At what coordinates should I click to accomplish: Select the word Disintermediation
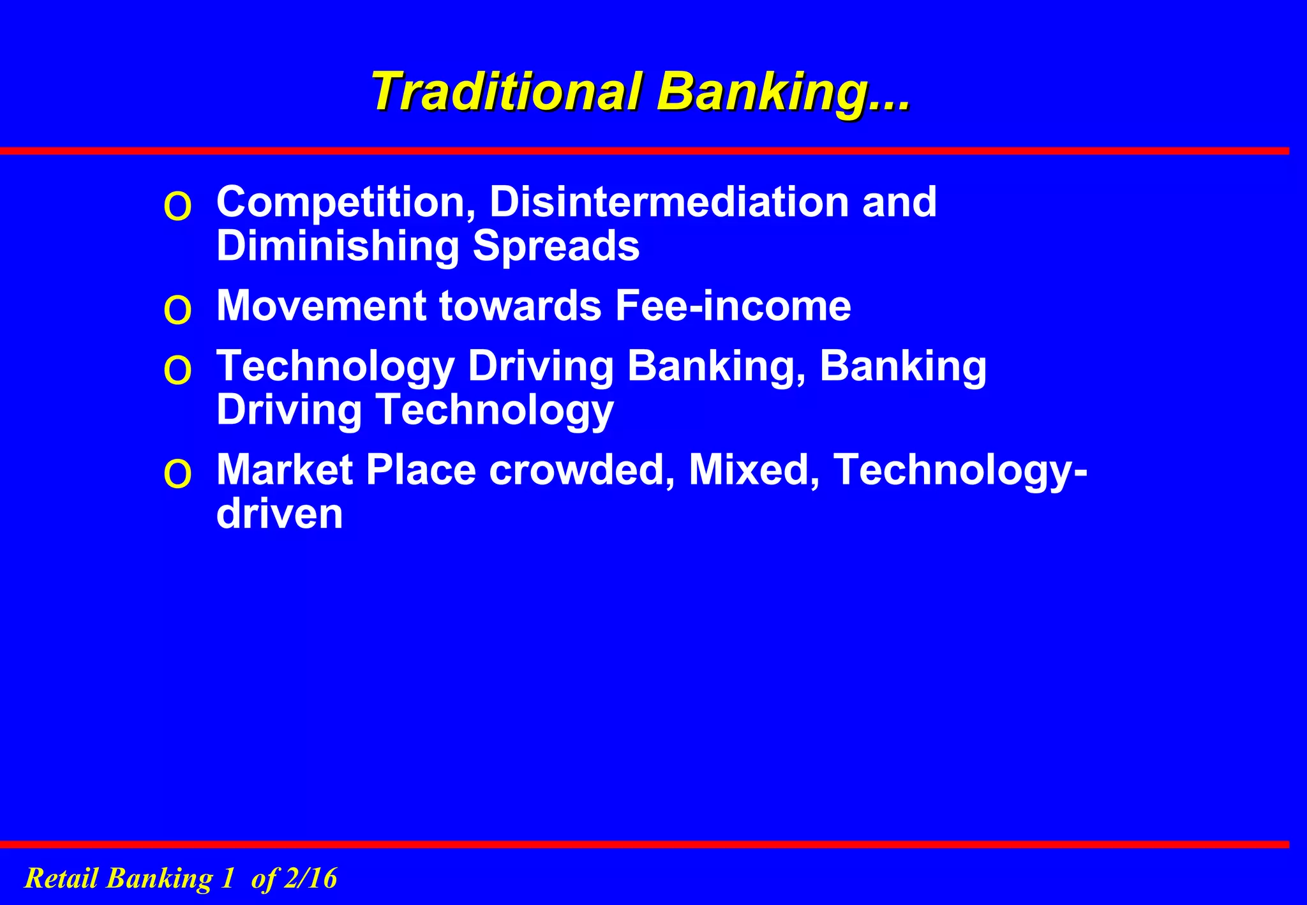pos(669,202)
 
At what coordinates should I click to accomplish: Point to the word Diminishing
pos(338,246)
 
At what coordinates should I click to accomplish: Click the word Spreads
pos(556,246)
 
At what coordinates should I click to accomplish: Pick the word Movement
pos(321,306)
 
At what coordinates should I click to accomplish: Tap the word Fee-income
pos(733,306)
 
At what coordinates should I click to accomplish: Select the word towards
pos(520,306)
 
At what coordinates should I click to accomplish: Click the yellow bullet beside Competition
pos(177,207)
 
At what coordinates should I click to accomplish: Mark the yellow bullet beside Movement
pos(177,311)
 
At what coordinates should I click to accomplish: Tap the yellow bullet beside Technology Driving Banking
pos(177,371)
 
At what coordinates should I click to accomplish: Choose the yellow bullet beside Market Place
pos(177,475)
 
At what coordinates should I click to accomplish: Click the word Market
pos(285,470)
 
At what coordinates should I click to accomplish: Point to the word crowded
pos(577,470)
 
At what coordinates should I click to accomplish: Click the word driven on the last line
pos(280,514)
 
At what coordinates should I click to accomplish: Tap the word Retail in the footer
pos(61,878)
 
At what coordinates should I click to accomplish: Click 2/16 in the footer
pos(310,878)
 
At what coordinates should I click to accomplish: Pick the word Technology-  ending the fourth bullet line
pos(960,470)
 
